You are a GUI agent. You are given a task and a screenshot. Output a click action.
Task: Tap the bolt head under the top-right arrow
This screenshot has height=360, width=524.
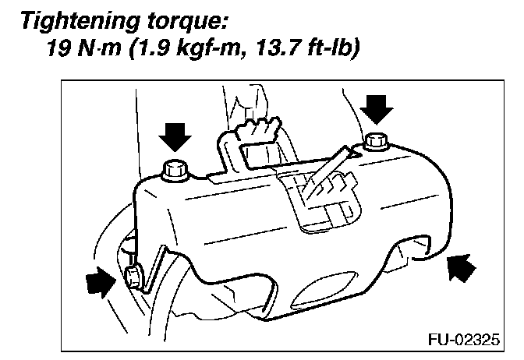point(377,142)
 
